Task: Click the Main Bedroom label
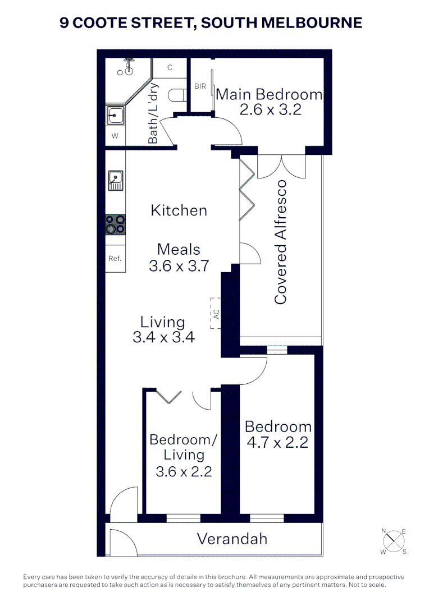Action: [x=269, y=94]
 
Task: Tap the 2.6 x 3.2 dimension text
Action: [x=270, y=109]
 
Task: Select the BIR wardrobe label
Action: [x=200, y=86]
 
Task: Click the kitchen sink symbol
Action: [x=116, y=180]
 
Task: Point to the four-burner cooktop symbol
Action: [x=116, y=224]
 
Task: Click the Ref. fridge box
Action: [x=115, y=259]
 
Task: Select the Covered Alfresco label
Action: [x=280, y=242]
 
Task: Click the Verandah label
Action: [x=231, y=539]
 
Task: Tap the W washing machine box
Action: [x=115, y=136]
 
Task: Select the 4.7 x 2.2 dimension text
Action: [x=277, y=442]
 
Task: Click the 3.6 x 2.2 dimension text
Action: [x=183, y=471]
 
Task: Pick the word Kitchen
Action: [x=179, y=210]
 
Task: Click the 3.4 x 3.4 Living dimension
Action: [x=163, y=337]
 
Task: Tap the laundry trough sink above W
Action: [x=116, y=117]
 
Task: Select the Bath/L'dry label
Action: [x=153, y=114]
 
